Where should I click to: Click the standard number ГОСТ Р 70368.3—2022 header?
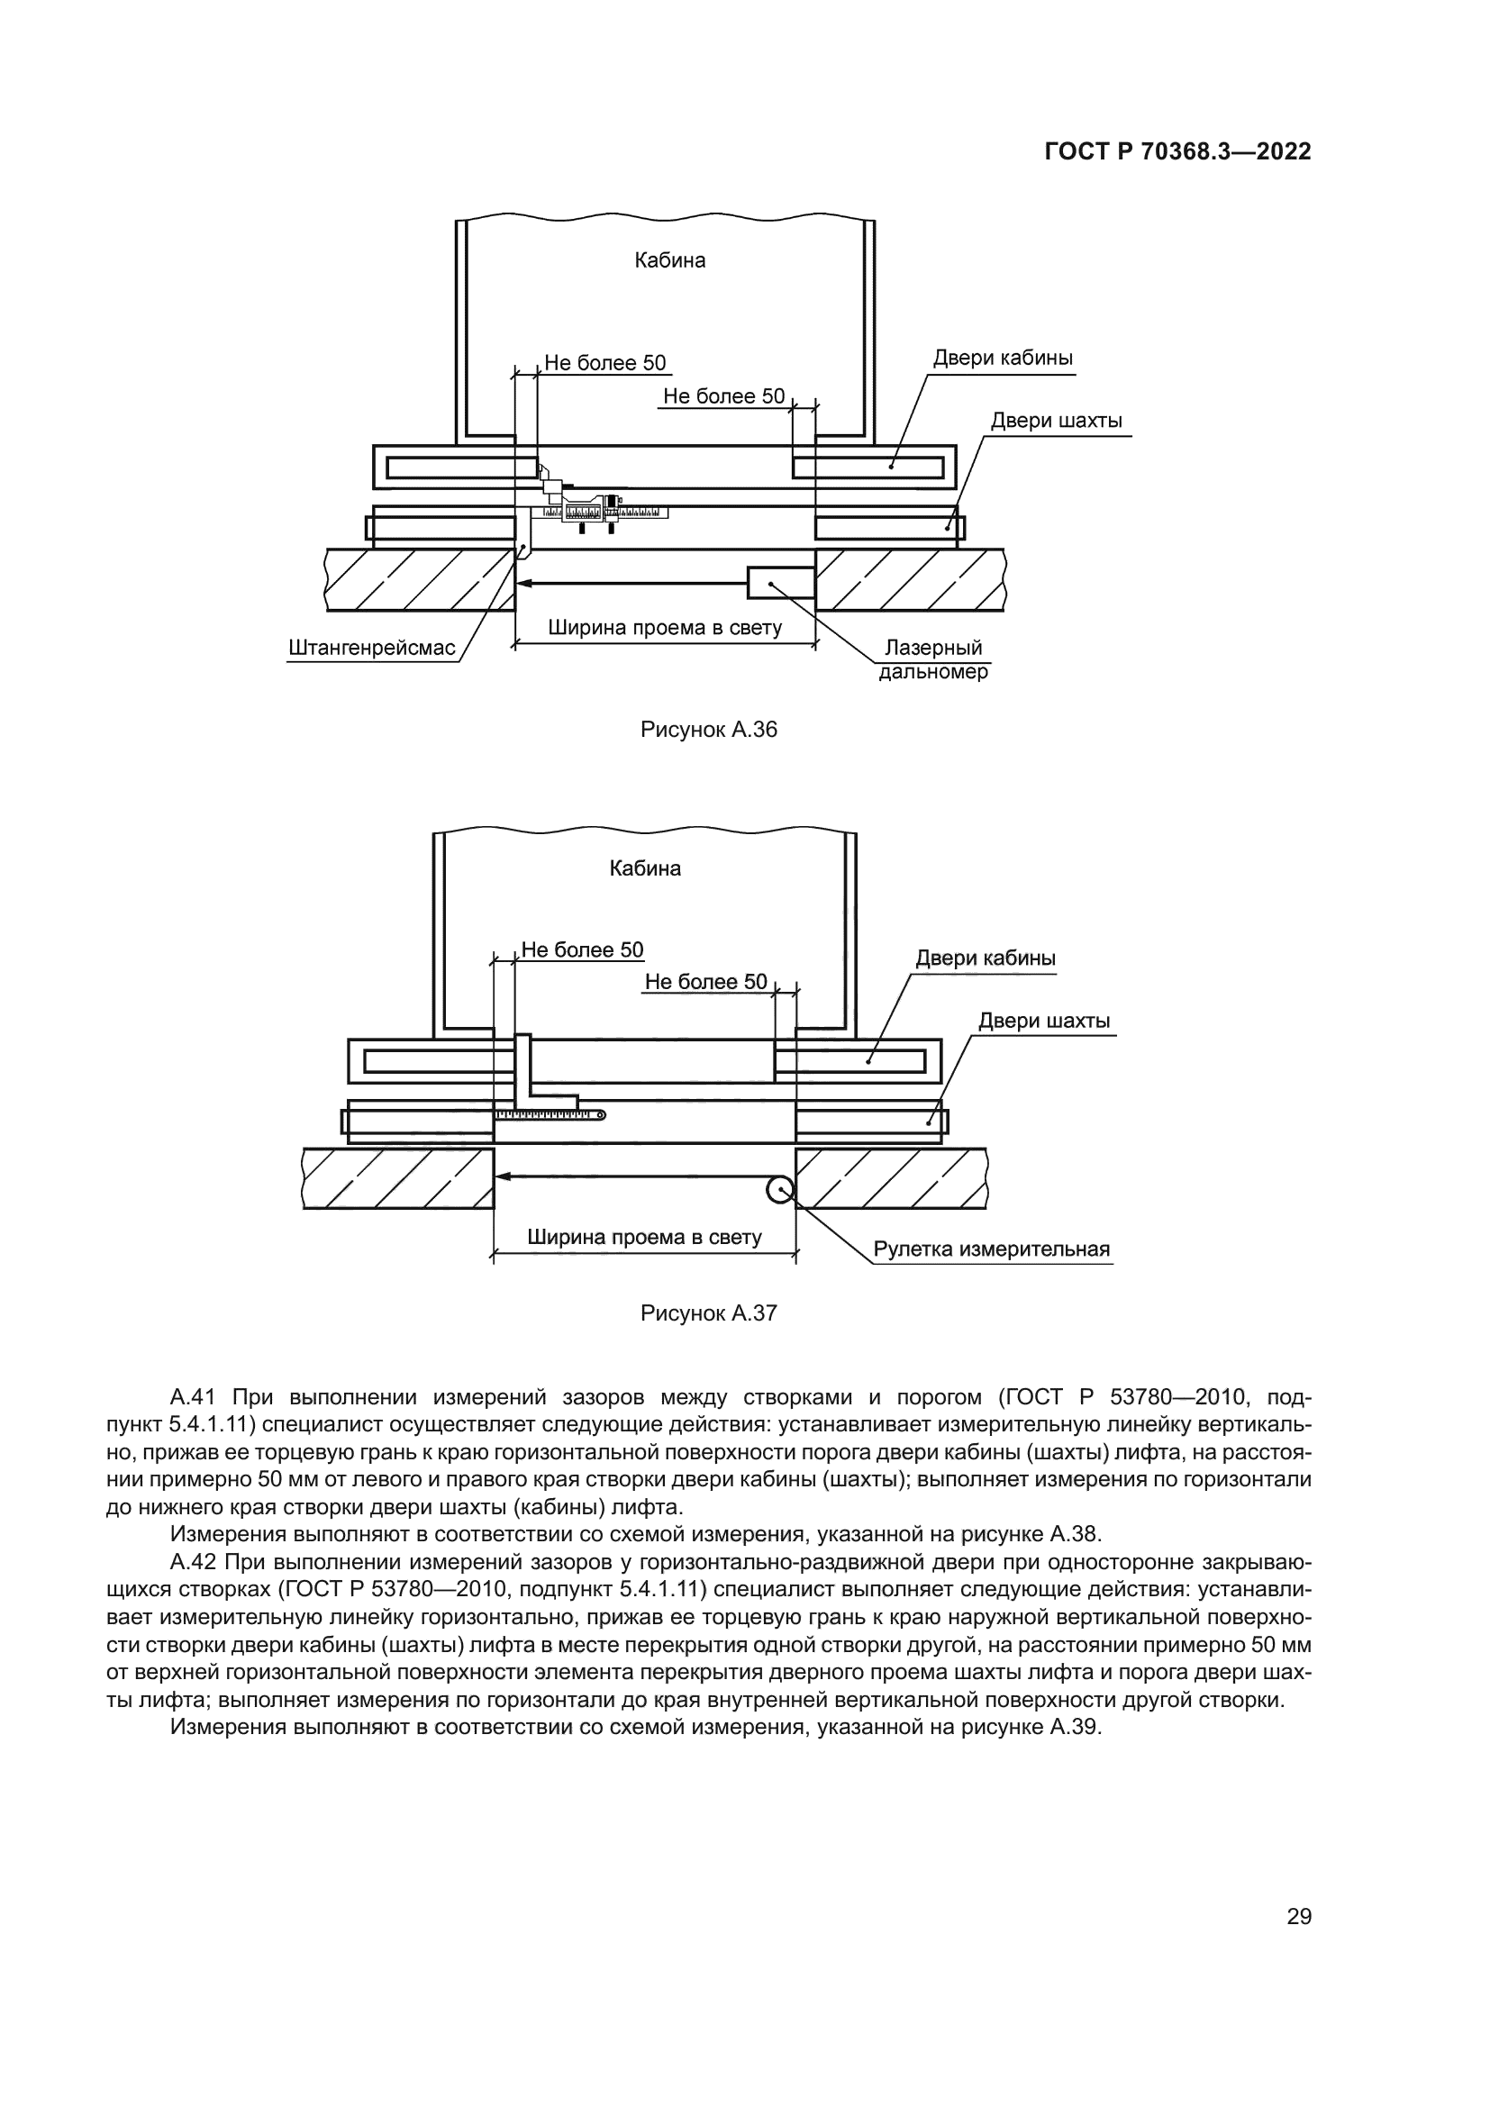click(x=1177, y=151)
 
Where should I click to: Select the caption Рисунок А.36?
click(x=708, y=730)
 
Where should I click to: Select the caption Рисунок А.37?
click(x=708, y=1313)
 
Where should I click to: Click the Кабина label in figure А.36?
click(x=669, y=260)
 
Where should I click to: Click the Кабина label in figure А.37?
click(x=645, y=868)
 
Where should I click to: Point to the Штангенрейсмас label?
click(x=371, y=648)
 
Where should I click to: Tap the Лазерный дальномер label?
click(x=933, y=659)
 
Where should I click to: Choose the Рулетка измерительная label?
click(x=991, y=1249)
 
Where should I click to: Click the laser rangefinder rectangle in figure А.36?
click(x=781, y=583)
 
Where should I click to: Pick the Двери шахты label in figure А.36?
click(x=1056, y=422)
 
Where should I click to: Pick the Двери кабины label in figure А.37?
click(x=986, y=959)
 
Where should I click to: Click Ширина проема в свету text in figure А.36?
click(x=664, y=628)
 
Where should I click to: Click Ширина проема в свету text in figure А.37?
click(x=644, y=1237)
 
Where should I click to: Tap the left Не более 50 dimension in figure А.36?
click(x=604, y=363)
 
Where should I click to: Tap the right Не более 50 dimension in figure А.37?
click(x=705, y=982)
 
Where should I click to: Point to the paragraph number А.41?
click(x=192, y=1398)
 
